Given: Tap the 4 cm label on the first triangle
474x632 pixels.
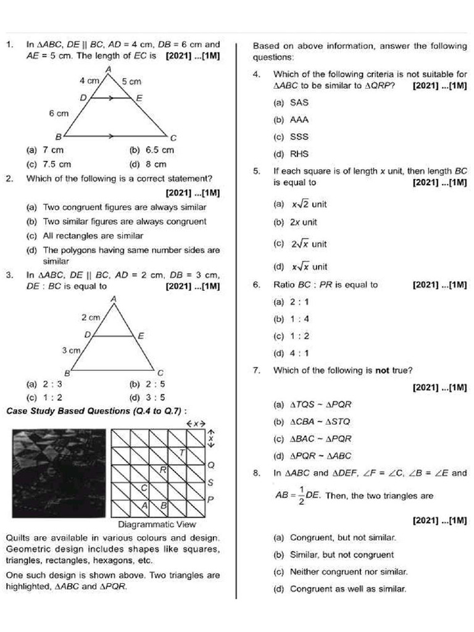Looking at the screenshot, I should [x=91, y=81].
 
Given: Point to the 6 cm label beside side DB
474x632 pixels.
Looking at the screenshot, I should [x=59, y=114].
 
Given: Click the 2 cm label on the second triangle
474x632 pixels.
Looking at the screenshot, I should [x=91, y=317].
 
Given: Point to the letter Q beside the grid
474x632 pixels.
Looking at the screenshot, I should [x=211, y=464].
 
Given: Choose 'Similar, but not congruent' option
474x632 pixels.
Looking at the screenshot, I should [x=334, y=555].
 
